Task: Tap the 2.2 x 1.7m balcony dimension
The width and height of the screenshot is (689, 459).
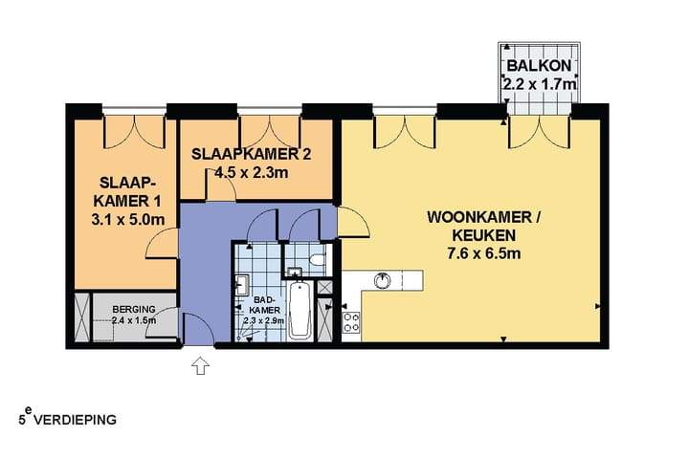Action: click(542, 85)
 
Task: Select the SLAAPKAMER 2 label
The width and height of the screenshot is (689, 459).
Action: click(251, 154)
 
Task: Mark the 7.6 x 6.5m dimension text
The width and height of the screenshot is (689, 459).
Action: click(483, 253)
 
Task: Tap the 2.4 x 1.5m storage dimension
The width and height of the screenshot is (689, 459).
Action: click(133, 320)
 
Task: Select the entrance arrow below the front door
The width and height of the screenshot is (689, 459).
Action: click(201, 365)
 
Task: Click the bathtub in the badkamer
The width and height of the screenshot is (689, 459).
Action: click(300, 310)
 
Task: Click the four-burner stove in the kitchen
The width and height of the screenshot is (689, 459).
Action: click(351, 322)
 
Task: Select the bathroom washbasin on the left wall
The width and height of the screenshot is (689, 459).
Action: click(241, 283)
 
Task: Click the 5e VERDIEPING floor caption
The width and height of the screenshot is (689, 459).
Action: click(67, 418)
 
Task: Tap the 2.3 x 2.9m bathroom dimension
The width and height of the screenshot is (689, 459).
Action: click(264, 321)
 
